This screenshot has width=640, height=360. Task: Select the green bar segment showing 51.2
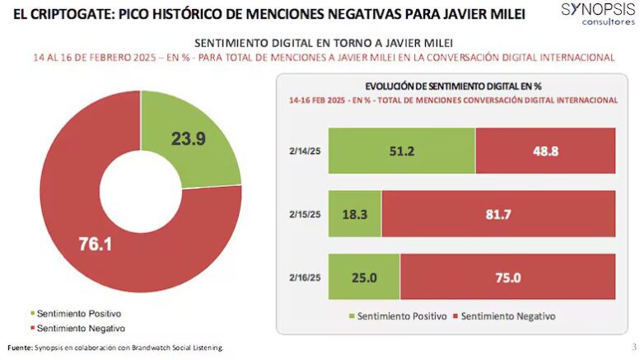[x=401, y=151]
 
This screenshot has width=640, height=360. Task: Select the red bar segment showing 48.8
[x=544, y=151]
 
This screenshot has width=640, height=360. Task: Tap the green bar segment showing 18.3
[x=354, y=213]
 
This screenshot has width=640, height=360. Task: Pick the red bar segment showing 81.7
[x=498, y=213]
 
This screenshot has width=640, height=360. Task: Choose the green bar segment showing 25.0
[x=363, y=277]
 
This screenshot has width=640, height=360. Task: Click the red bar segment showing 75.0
[x=507, y=277]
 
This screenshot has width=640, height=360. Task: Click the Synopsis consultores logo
[x=593, y=13]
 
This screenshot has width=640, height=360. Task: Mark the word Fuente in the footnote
[x=19, y=348]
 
